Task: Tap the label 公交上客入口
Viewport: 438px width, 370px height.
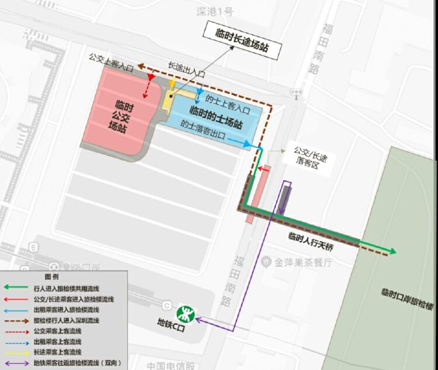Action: pyautogui.click(x=111, y=59)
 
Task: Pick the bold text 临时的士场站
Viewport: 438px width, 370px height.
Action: pyautogui.click(x=216, y=110)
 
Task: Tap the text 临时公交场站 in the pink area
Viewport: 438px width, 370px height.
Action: pyautogui.click(x=121, y=117)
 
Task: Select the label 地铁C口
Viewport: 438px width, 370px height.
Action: pyautogui.click(x=170, y=322)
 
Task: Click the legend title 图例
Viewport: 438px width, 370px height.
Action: pyautogui.click(x=51, y=276)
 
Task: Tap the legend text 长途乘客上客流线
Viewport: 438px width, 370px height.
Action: pyautogui.click(x=57, y=353)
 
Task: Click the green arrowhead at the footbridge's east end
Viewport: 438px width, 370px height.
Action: pyautogui.click(x=392, y=252)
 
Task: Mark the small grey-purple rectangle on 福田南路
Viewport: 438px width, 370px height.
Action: pyautogui.click(x=285, y=196)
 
